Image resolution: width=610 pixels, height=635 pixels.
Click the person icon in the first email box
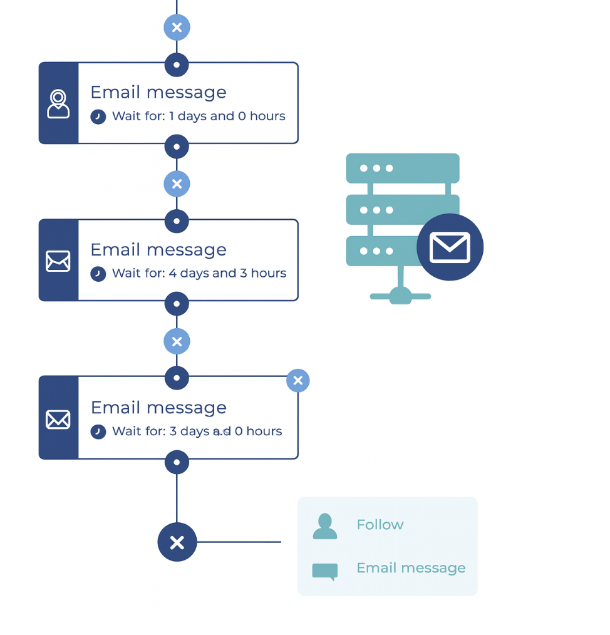click(x=58, y=104)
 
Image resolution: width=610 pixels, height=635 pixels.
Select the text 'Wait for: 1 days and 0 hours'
click(x=199, y=116)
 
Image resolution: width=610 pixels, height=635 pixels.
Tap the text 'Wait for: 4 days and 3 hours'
click(x=199, y=274)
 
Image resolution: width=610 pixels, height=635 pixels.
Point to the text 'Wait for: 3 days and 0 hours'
click(x=197, y=431)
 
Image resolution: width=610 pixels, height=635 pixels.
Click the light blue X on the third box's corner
click(x=298, y=380)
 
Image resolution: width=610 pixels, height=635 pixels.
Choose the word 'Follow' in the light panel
click(x=380, y=525)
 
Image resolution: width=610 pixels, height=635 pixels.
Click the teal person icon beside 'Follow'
click(x=324, y=527)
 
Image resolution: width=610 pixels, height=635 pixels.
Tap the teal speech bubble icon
click(x=324, y=571)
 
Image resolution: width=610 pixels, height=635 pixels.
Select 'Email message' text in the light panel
click(x=411, y=568)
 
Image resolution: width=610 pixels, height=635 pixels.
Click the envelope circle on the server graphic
click(x=450, y=247)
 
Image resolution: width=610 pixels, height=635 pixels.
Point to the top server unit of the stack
click(x=403, y=168)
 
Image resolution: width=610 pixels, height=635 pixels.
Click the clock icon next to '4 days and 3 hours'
click(x=98, y=274)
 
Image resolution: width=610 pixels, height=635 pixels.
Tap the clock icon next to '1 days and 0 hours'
click(x=98, y=116)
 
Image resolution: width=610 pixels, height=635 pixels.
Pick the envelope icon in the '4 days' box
click(x=58, y=261)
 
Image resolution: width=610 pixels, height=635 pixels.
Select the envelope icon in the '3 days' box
click(x=58, y=419)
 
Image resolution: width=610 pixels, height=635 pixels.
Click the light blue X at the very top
click(x=177, y=28)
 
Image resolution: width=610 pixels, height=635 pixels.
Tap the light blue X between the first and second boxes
click(x=177, y=184)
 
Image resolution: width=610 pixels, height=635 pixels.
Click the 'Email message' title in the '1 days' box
click(x=158, y=93)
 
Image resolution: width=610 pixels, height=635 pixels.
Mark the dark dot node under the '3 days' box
click(x=177, y=463)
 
